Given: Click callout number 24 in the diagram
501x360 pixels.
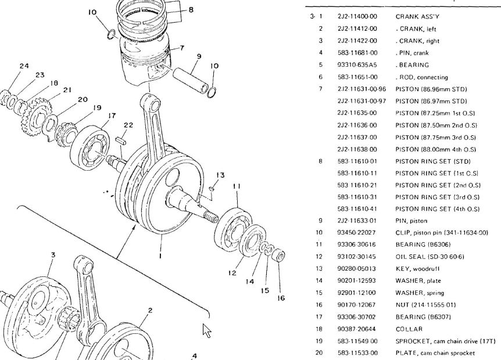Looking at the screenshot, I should [x=24, y=66].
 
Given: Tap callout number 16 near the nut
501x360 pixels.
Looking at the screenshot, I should [x=281, y=298].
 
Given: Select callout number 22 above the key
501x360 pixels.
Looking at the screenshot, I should [x=128, y=125].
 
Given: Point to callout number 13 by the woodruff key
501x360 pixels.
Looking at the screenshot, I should [x=220, y=175].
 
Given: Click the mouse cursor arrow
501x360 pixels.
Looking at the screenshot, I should [x=206, y=330].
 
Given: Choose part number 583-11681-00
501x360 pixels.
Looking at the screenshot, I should [x=357, y=53].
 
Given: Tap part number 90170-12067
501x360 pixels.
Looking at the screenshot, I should [x=357, y=305].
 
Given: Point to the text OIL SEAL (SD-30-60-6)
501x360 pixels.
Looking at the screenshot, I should [x=430, y=257].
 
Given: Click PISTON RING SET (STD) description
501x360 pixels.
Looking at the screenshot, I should [x=432, y=161].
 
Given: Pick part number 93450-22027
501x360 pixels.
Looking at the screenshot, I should [x=357, y=233].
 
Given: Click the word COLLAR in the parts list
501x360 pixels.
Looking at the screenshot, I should [x=409, y=329].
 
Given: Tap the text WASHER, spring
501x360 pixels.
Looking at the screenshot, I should [x=419, y=293].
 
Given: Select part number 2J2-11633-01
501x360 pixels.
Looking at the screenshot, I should [x=357, y=221].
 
